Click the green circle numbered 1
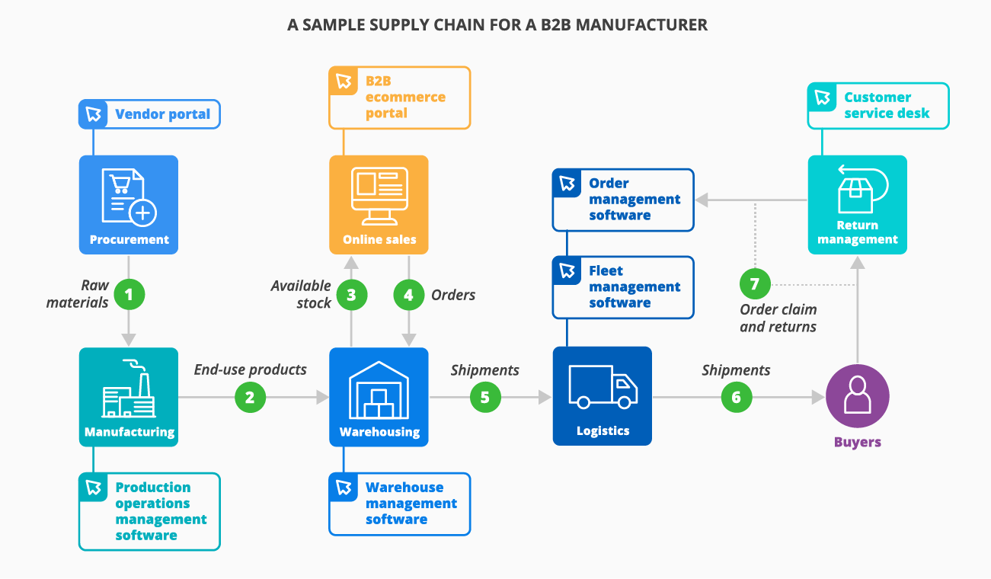(x=129, y=295)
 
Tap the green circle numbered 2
(x=251, y=397)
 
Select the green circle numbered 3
(x=351, y=295)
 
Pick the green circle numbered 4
(x=409, y=295)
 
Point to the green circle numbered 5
(x=485, y=397)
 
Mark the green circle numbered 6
(x=737, y=397)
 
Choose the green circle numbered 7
(x=755, y=284)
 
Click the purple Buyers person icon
(x=858, y=397)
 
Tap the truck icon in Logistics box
(x=603, y=387)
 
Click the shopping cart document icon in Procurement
(x=129, y=197)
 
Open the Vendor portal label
(x=149, y=114)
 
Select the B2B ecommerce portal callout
(x=400, y=97)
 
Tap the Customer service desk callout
(x=878, y=106)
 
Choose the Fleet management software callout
(x=623, y=287)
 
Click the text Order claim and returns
(x=778, y=318)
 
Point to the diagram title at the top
(x=497, y=25)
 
